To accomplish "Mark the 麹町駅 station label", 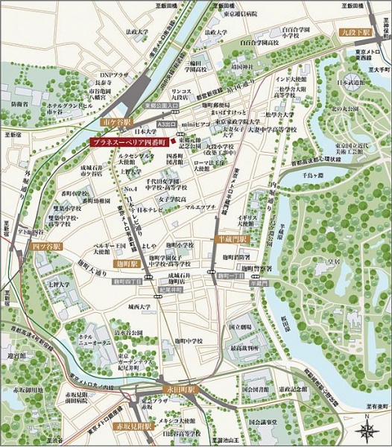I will tap(129, 264).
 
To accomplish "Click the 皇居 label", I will tap(335, 262).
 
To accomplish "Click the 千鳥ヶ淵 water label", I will tap(309, 174).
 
